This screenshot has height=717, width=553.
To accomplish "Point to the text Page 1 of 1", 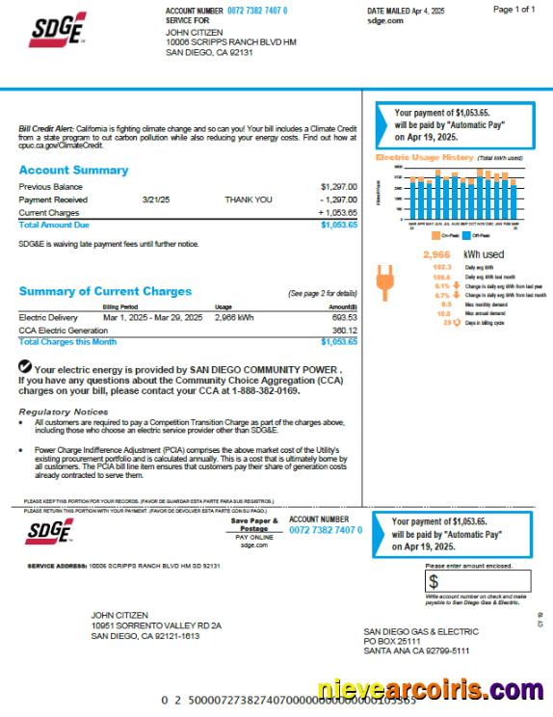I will pos(513,9).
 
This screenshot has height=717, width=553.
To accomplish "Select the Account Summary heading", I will pos(73,171).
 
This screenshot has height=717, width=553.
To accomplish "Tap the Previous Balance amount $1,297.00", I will pos(338,186).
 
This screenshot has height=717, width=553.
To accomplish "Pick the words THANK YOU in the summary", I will pos(249,199).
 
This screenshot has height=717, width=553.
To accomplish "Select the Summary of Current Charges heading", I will pos(105,291).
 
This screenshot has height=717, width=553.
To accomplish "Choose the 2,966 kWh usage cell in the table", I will pos(234,316).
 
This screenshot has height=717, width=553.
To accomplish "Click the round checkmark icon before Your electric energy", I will pos(25,367).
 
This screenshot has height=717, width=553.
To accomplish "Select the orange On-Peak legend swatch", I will pos(436,234).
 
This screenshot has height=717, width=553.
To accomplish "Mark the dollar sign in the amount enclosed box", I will pos(434,581).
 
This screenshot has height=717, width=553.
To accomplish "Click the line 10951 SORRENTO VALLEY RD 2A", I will pos(156,625).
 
